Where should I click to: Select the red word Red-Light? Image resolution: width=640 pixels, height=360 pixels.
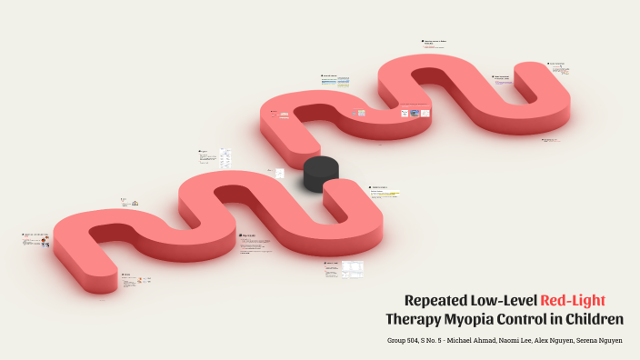573,300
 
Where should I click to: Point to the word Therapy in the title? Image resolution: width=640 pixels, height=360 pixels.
412,319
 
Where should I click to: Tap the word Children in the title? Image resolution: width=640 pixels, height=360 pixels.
595,319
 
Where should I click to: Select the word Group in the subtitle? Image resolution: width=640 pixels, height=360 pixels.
395,341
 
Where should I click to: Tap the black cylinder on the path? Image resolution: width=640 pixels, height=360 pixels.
321,173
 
